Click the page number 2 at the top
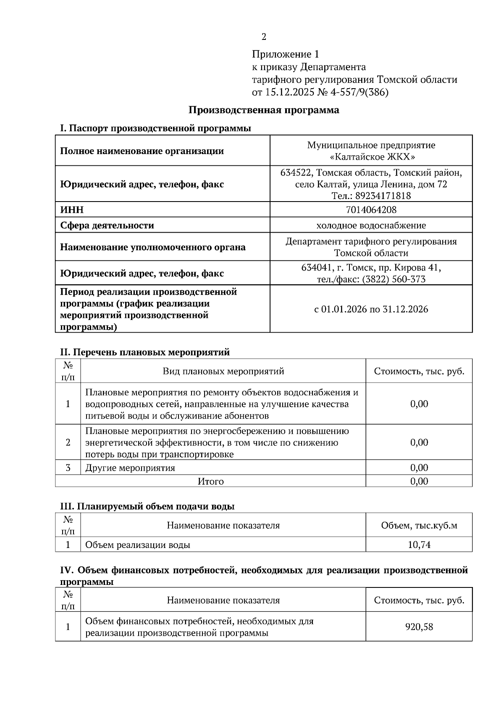(x=264, y=37)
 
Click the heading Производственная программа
(x=263, y=110)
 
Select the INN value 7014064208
(x=371, y=209)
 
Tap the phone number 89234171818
(x=383, y=196)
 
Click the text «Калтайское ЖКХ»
(x=371, y=157)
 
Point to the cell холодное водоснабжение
(x=371, y=225)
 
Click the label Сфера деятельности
(x=107, y=225)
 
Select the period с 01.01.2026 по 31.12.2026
(x=371, y=309)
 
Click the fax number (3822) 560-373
(x=394, y=279)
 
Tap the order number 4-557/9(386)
(x=360, y=92)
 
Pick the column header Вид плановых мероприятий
(x=223, y=371)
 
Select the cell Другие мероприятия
(x=130, y=468)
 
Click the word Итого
(x=211, y=481)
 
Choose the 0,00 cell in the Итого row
(x=419, y=481)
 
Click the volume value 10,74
(x=419, y=545)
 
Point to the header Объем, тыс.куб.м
(x=419, y=525)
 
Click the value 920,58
(x=419, y=627)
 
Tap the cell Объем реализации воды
(x=138, y=545)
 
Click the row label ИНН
(x=72, y=209)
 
